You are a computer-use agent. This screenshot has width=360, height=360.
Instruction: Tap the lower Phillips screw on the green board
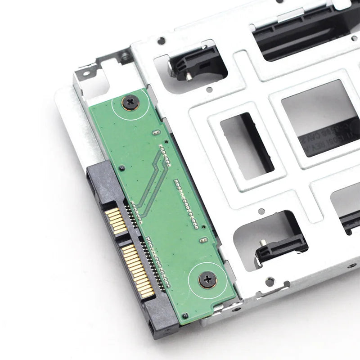coord(207,280)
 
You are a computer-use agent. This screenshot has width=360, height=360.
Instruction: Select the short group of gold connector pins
coord(116,220)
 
